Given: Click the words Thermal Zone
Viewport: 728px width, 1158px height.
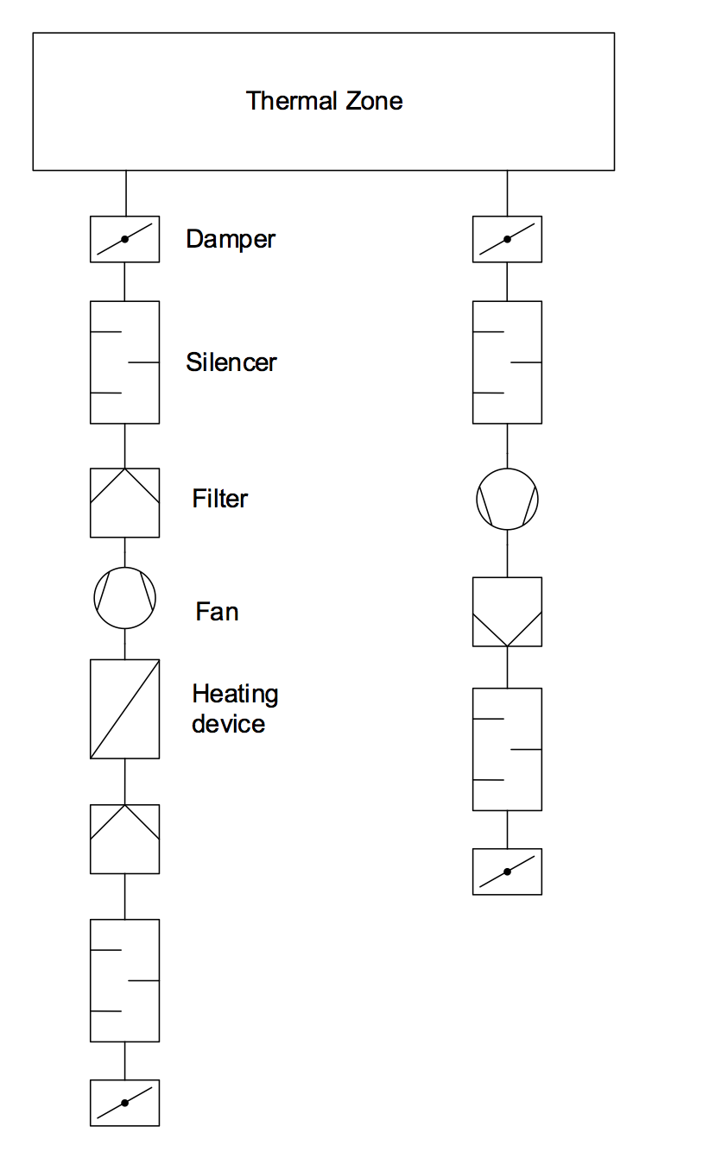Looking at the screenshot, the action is tap(324, 101).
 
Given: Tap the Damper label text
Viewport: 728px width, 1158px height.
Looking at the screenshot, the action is tap(231, 239).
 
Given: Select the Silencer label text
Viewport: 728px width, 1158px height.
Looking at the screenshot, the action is tap(231, 362).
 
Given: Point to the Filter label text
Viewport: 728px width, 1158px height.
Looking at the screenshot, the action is tap(220, 499).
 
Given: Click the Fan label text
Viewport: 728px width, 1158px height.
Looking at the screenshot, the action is tap(217, 612).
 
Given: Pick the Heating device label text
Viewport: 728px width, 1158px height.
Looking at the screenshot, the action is tap(235, 708).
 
